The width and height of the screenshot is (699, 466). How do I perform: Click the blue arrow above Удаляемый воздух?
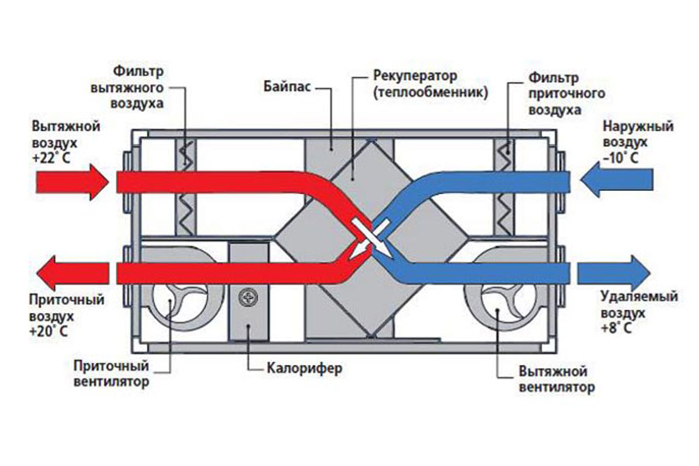[x=614, y=272]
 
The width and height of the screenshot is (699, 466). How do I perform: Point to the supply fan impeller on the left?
[x=178, y=304]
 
